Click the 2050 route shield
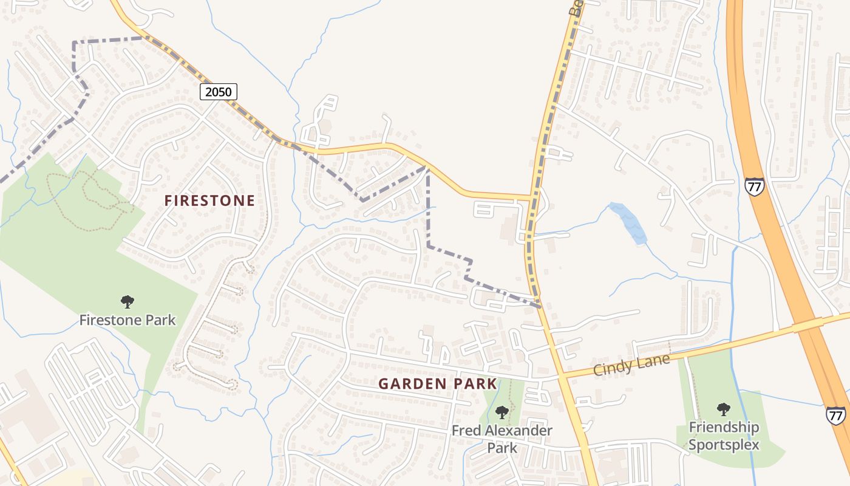[x=218, y=92]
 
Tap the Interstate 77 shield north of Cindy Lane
[x=753, y=187]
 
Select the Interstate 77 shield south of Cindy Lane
[x=835, y=416]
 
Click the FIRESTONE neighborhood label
[x=209, y=201]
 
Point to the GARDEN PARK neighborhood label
[x=438, y=384]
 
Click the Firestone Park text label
[x=127, y=320]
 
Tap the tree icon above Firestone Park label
[x=127, y=301]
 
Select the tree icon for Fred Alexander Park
[x=501, y=412]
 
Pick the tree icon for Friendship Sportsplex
[x=723, y=409]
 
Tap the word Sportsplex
[x=724, y=445]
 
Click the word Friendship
[x=724, y=427]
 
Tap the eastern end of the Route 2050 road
[x=529, y=197]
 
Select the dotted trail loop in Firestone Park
[x=91, y=197]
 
